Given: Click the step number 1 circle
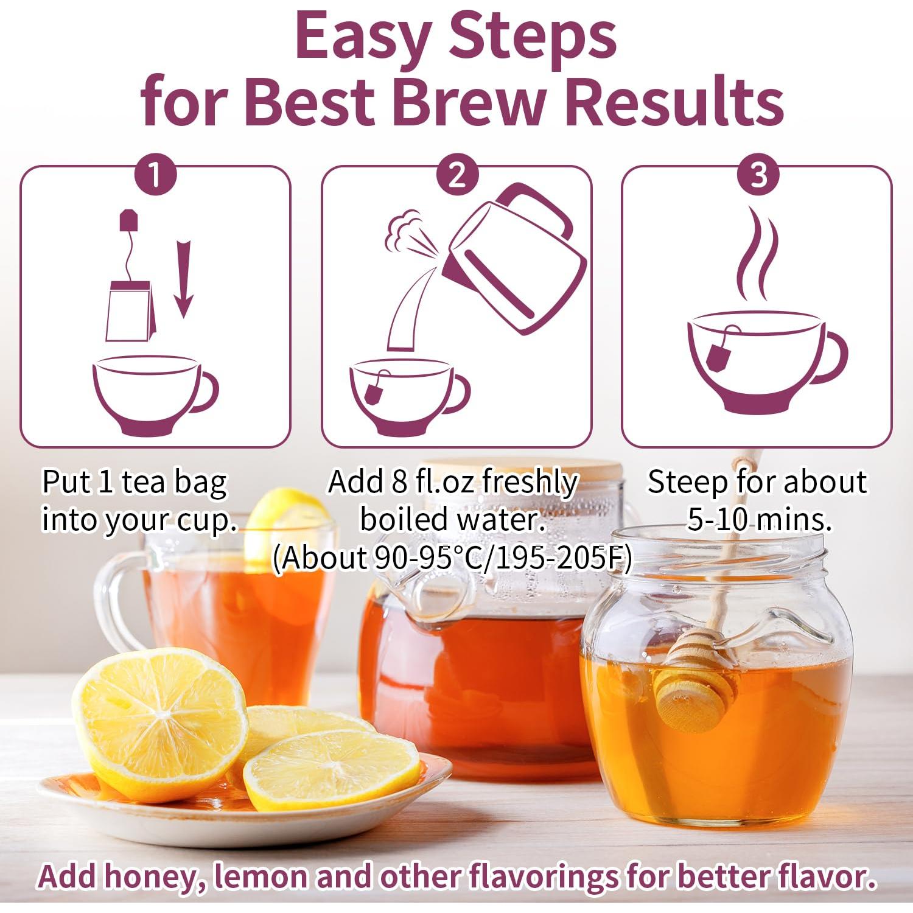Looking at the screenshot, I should point(155,175).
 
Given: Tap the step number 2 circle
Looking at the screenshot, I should point(457,175).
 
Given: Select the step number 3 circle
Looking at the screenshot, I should point(758,175).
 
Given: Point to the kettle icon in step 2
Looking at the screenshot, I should point(514,259).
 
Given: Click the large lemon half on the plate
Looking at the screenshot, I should point(161,721).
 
